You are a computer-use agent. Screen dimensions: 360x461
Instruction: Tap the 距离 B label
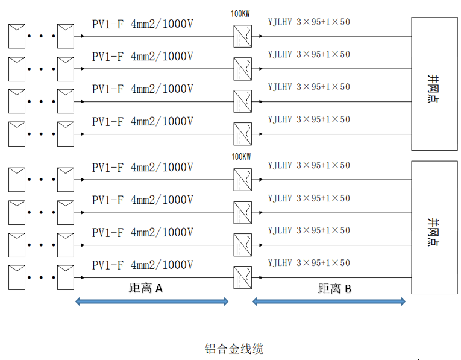pyautogui.click(x=334, y=288)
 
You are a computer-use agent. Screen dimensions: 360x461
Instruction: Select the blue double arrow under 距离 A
pyautogui.click(x=152, y=302)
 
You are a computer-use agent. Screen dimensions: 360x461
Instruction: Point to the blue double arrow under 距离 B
pyautogui.click(x=329, y=302)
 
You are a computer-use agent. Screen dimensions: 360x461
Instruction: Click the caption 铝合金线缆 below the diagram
pyautogui.click(x=234, y=349)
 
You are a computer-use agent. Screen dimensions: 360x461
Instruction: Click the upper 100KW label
pyautogui.click(x=241, y=13)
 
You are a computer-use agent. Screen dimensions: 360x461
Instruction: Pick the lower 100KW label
pyautogui.click(x=241, y=157)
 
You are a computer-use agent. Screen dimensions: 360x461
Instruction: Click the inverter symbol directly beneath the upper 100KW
pyautogui.click(x=243, y=36)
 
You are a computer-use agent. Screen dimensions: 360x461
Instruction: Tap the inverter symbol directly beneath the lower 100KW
pyautogui.click(x=243, y=180)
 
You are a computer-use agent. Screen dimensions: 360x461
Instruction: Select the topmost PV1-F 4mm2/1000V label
pyautogui.click(x=143, y=24)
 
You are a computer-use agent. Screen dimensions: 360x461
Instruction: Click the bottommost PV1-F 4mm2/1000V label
pyautogui.click(x=143, y=265)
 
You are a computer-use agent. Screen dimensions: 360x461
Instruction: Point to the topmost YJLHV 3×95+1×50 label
pyautogui.click(x=309, y=22)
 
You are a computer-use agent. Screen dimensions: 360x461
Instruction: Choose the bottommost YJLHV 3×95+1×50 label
pyautogui.click(x=309, y=263)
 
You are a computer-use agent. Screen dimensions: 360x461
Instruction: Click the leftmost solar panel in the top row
pyautogui.click(x=17, y=36)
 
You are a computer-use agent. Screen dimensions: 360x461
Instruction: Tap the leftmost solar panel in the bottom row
pyautogui.click(x=17, y=277)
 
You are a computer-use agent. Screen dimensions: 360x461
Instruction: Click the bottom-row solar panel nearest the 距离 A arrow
pyautogui.click(x=66, y=277)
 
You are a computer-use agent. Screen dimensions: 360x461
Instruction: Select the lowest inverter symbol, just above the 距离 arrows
pyautogui.click(x=243, y=277)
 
